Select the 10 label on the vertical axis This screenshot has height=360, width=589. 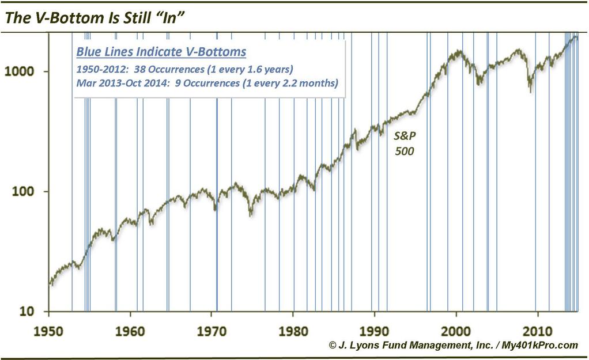coord(31,312)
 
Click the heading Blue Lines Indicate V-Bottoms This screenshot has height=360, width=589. coord(161,52)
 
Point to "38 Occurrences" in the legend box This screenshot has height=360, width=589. coord(175,69)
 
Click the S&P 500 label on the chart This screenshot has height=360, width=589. coord(403,145)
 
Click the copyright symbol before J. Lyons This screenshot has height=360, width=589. coord(333,345)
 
